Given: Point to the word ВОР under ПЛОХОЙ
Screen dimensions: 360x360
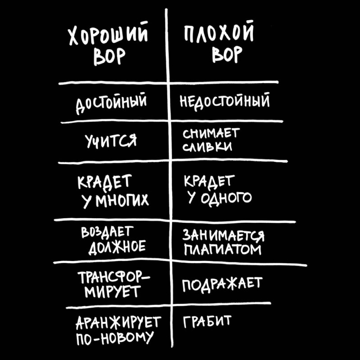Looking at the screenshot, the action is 228,54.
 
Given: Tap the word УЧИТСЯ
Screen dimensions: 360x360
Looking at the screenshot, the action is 111,140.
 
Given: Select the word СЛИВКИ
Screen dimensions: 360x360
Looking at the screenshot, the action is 207,147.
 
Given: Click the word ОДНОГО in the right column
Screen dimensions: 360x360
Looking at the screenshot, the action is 227,198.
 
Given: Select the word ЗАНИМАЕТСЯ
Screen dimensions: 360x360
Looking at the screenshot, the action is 223,236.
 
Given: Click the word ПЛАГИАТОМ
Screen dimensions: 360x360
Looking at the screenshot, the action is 223,250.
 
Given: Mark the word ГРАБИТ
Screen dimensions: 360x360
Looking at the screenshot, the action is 207,321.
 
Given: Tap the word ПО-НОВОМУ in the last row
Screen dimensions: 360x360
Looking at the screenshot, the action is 115,338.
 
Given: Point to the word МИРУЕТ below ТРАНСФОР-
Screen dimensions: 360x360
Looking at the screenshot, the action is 112,292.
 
